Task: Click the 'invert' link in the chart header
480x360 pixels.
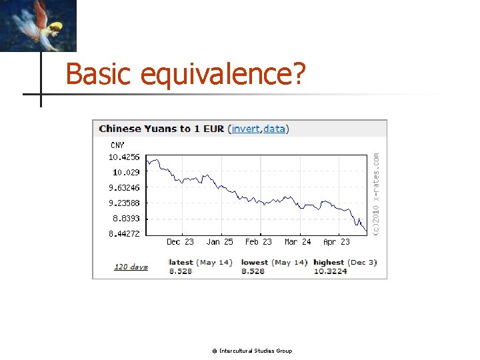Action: point(245,129)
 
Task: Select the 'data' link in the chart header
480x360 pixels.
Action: point(274,129)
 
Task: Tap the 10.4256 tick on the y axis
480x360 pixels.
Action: point(124,157)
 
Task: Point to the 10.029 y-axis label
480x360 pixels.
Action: point(124,173)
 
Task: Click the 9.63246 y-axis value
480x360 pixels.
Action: point(124,188)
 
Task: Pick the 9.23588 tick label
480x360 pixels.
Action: point(124,203)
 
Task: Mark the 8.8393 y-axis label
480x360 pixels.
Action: point(124,219)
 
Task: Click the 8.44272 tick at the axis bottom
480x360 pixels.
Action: point(124,234)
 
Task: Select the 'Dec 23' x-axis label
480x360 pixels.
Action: point(180,242)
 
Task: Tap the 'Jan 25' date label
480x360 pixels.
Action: point(219,242)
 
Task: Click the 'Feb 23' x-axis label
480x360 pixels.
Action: point(259,242)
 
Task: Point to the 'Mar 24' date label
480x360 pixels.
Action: point(297,242)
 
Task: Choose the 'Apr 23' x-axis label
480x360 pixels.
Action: point(336,242)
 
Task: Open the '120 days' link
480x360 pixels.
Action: point(131,267)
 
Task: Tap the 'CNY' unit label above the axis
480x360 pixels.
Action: point(117,145)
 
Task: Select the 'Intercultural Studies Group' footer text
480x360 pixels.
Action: point(255,351)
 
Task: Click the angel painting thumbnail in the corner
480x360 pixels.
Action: point(38,25)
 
